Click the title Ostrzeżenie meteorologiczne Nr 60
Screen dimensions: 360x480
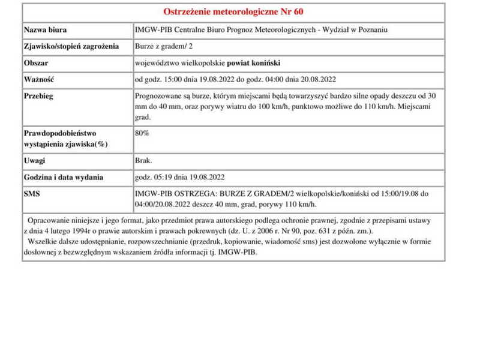pos(238,12)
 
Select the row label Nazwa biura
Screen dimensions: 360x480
pos(45,30)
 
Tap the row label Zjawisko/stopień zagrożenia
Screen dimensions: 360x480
pos(71,46)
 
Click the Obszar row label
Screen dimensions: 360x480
pos(36,62)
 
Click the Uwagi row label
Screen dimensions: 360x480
pos(35,161)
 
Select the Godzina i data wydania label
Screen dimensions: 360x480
pos(64,178)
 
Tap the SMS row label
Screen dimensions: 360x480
pos(32,194)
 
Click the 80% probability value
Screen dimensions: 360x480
pos(142,133)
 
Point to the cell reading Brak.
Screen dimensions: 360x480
pos(144,161)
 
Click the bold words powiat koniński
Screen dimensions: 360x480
pos(253,62)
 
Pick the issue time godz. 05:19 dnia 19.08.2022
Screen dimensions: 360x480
pos(180,178)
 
